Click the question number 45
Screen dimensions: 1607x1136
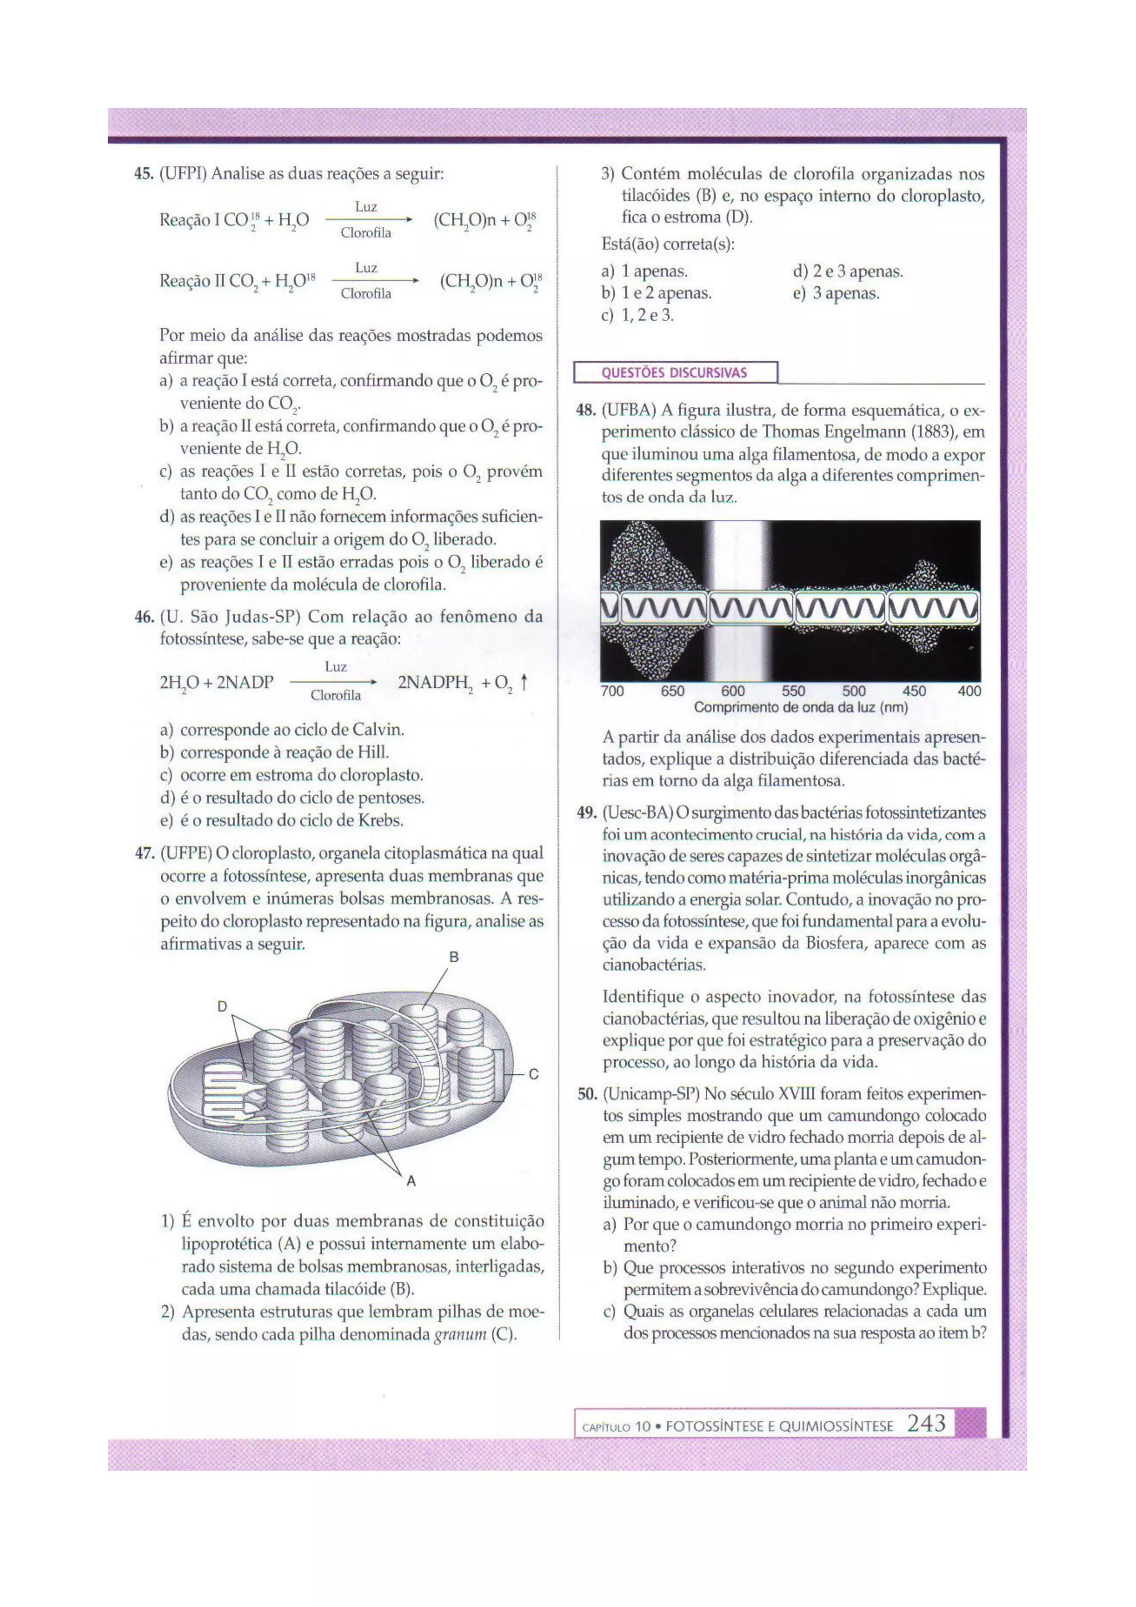pos(144,174)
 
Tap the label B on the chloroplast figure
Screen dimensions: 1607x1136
pos(453,957)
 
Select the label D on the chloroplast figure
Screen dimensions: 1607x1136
pos(222,1007)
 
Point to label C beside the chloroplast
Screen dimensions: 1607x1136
pos(533,1074)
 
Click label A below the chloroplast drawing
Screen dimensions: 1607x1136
pos(412,1181)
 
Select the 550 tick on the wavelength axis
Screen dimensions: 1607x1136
pos(793,691)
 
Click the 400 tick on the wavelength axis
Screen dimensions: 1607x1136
pos(970,691)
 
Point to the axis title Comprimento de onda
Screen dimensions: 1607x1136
pos(800,708)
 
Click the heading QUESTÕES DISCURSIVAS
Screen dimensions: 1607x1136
pos(674,372)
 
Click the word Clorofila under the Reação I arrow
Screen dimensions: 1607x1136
pos(366,233)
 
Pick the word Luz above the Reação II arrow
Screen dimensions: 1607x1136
pos(366,268)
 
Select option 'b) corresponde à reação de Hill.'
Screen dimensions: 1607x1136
pos(284,752)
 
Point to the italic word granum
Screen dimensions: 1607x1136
pos(460,1335)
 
